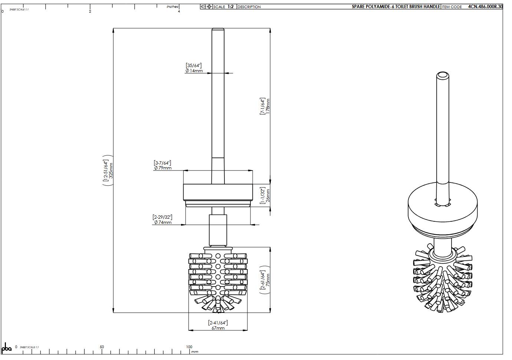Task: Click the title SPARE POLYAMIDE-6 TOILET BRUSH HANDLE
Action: click(396, 7)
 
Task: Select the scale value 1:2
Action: click(230, 7)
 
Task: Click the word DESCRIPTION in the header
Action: click(249, 7)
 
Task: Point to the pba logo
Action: click(7, 348)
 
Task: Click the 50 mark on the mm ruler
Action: click(102, 347)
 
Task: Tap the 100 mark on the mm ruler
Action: click(189, 347)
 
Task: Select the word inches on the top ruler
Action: click(172, 7)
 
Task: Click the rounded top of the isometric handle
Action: click(442, 75)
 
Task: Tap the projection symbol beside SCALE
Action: click(206, 7)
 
